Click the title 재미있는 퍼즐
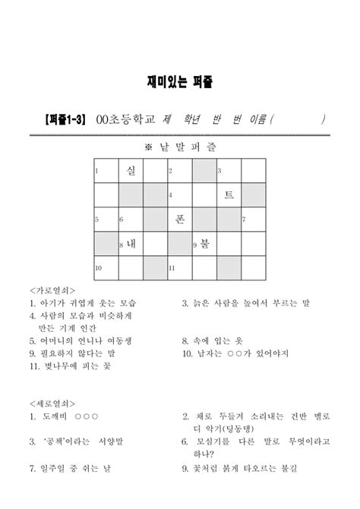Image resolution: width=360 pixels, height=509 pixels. [180, 80]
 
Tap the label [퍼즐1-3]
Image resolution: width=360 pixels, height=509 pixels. [65, 119]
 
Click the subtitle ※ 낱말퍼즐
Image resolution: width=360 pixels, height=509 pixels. [179, 144]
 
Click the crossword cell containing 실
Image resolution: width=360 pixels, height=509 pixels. [130, 171]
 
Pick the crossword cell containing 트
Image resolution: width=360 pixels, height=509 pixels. [229, 195]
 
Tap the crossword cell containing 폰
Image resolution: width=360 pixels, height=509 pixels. [179, 220]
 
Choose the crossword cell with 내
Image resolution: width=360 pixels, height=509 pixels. [130, 244]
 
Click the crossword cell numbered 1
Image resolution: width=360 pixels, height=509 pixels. [106, 171]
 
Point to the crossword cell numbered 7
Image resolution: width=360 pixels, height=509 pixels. [253, 220]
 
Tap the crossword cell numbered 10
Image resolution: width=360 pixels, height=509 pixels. [106, 268]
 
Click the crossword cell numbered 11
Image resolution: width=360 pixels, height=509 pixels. [179, 268]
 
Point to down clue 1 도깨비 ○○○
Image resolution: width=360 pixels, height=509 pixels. [65, 416]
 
